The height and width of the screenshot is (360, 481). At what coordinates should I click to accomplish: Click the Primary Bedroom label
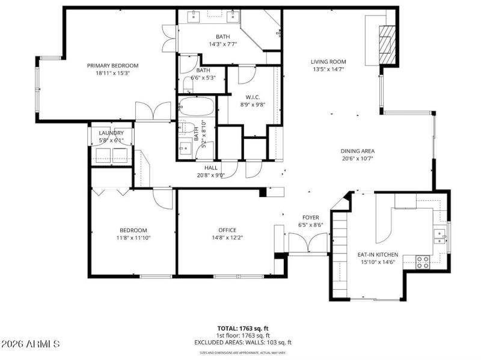tap(112, 66)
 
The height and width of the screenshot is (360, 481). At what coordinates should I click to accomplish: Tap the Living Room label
tap(328, 61)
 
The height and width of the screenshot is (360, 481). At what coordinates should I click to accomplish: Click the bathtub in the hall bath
tap(196, 107)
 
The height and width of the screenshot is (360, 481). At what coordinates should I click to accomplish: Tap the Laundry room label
tap(111, 133)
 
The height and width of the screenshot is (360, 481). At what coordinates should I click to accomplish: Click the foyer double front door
tap(307, 243)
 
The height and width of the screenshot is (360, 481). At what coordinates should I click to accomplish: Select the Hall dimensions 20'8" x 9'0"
tap(210, 175)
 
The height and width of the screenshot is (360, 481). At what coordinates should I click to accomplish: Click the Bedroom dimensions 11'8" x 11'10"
tap(133, 237)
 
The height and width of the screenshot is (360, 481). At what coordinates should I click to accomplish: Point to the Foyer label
tap(310, 218)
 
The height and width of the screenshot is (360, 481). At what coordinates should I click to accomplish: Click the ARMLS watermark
tap(30, 344)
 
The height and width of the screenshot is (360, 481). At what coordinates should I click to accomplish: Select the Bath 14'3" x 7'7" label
tap(222, 44)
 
